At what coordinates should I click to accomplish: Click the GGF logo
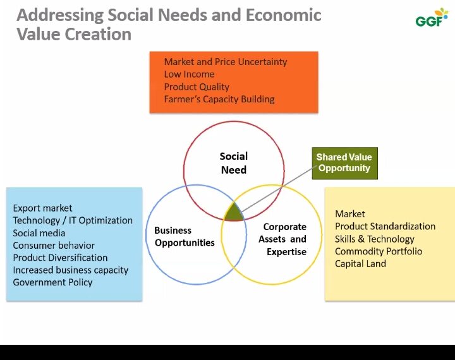432,18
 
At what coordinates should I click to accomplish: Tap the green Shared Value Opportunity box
345,163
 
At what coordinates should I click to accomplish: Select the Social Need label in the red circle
234,163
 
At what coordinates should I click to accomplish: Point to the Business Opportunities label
185,236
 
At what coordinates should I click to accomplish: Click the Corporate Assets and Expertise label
282,239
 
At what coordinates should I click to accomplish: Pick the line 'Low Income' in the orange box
189,75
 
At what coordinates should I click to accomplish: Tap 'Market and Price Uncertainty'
226,62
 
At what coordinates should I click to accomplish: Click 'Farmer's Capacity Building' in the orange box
219,99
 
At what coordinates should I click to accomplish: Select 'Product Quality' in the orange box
197,87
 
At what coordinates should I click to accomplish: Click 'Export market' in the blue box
42,208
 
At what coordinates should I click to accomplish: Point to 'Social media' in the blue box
39,233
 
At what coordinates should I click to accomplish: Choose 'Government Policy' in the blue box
52,282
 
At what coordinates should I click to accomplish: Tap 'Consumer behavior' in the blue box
54,246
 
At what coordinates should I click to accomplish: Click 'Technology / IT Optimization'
73,220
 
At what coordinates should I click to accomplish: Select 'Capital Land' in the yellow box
360,264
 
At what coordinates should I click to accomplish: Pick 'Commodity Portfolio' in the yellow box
379,251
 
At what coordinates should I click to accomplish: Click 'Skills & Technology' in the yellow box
374,239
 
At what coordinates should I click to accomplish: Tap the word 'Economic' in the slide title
284,15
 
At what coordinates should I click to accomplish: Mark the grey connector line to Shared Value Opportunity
279,189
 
